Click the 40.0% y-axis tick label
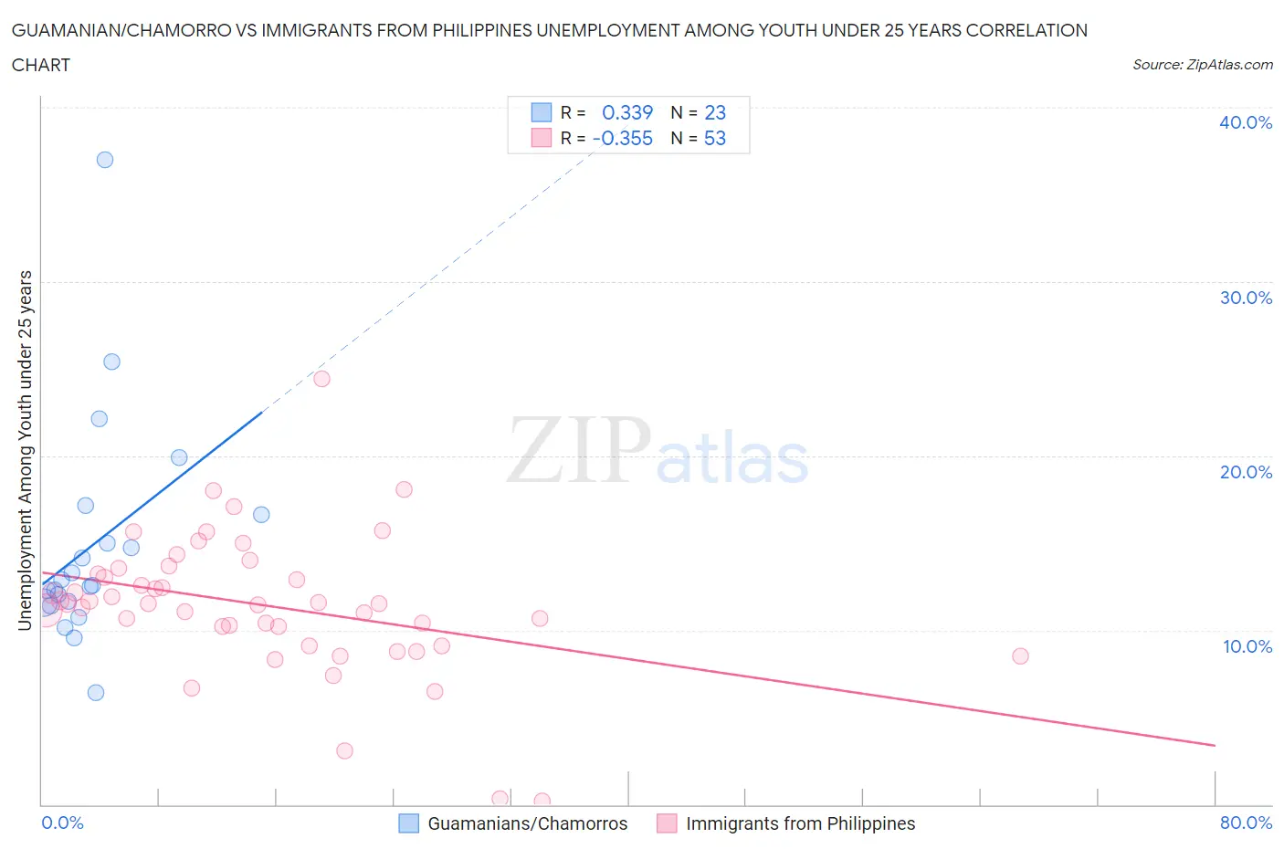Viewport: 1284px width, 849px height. coord(1246,122)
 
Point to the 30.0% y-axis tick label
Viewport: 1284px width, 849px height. coord(1246,298)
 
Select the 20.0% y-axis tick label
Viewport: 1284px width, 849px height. coord(1246,472)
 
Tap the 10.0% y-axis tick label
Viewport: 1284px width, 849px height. coord(1247,646)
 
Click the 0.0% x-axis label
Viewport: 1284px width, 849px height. coord(62,823)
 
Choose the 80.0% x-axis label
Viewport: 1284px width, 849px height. coord(1246,823)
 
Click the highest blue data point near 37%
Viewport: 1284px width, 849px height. coord(105,160)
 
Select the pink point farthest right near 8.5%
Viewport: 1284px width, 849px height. coord(1020,656)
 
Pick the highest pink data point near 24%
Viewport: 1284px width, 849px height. coord(321,379)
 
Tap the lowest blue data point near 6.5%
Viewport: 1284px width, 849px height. coord(96,693)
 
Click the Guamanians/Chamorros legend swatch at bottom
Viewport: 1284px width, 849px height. coord(408,823)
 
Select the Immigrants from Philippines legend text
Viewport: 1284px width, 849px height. coord(800,823)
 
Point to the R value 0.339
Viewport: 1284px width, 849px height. coord(627,112)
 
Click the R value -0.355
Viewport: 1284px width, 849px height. coord(623,138)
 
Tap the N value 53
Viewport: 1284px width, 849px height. coord(715,138)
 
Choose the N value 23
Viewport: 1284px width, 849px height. coord(715,112)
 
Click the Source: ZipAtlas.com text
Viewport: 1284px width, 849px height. coord(1202,65)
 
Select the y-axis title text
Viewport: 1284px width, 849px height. coord(26,450)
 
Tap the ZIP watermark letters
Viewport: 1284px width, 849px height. coord(579,450)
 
